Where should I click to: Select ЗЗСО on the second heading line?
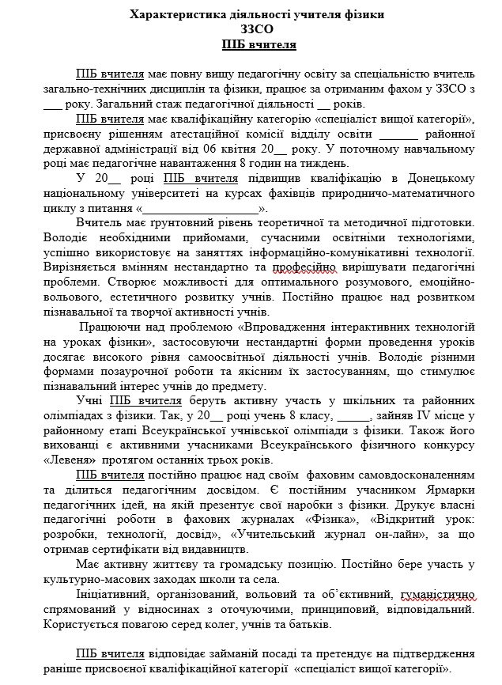pos(251,30)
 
